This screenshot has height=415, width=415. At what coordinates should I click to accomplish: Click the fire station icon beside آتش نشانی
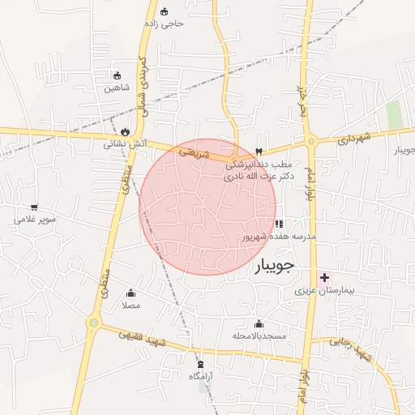125,131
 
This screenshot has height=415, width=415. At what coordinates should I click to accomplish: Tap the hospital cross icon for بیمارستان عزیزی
324,277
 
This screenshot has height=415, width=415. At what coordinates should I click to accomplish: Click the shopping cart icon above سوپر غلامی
34,207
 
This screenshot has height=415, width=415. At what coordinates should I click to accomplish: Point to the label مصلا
130,306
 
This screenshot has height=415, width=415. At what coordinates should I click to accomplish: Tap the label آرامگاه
200,376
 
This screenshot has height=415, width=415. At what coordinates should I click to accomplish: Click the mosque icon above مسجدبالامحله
259,323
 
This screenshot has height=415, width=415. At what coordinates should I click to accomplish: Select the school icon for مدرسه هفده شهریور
279,225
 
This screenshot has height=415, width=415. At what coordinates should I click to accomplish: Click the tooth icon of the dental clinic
259,151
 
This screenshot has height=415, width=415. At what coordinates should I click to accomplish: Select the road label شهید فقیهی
143,339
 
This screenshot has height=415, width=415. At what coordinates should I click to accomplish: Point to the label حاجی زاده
173,24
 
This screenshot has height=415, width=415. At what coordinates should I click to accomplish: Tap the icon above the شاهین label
117,75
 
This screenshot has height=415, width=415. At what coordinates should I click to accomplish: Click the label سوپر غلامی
34,219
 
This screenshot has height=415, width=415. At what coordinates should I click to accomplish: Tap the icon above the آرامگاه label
200,365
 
